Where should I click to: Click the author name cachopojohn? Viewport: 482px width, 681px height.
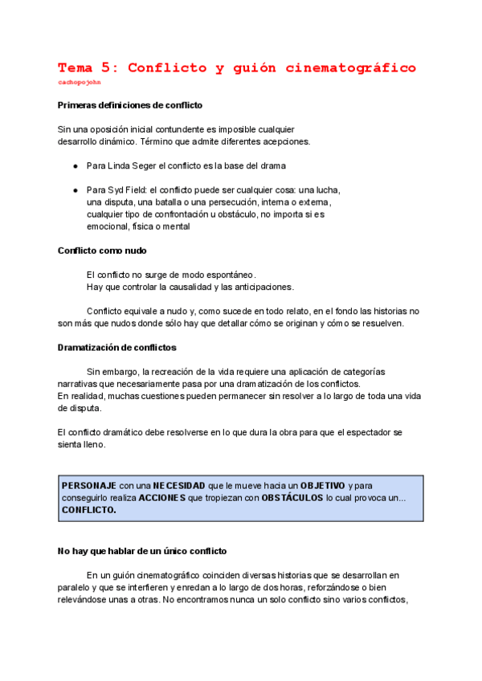pos(80,82)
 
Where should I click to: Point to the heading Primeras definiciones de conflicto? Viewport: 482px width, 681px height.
pos(130,105)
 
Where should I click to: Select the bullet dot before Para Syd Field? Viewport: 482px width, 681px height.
pos(75,190)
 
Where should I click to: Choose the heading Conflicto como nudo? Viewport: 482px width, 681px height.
pos(102,251)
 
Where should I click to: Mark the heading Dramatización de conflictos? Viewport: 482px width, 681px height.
pos(116,347)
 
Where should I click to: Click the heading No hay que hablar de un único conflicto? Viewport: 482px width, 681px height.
pos(142,552)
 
